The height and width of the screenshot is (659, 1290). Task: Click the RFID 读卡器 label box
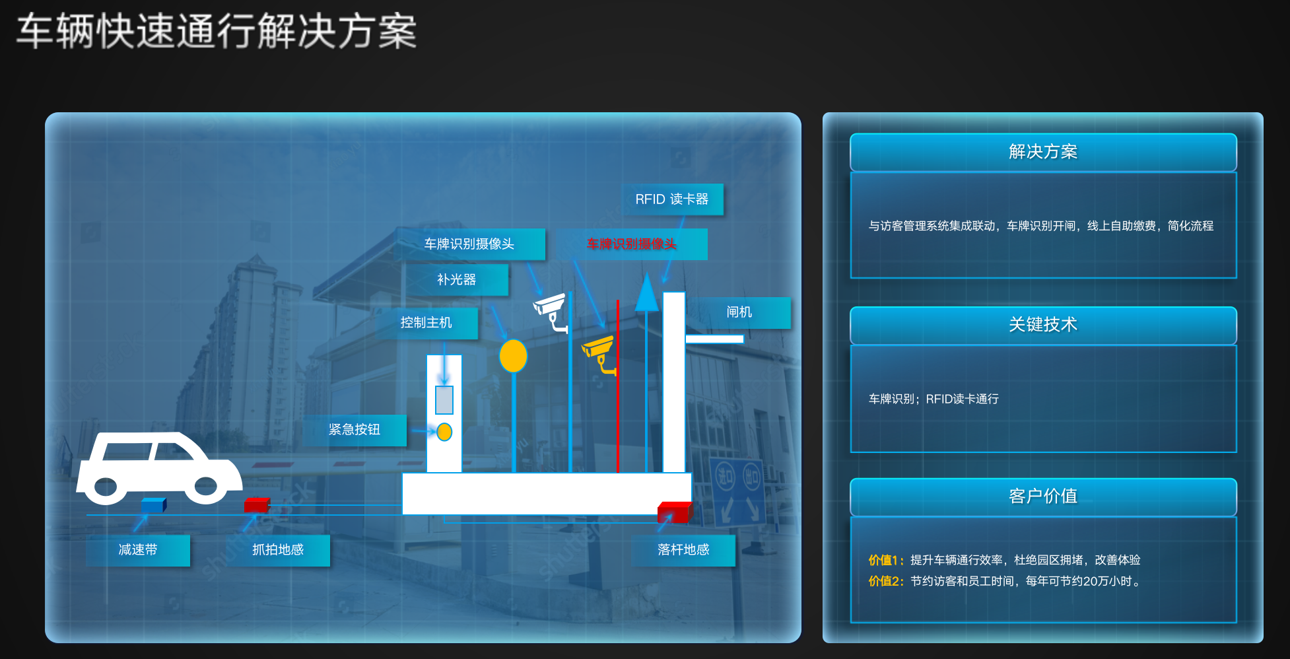click(x=672, y=199)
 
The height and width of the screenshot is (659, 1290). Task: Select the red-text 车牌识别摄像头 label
click(x=632, y=244)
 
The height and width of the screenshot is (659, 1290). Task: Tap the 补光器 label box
click(x=456, y=280)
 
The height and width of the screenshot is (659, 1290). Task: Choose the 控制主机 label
click(x=426, y=323)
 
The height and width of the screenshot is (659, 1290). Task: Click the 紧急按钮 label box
click(x=355, y=430)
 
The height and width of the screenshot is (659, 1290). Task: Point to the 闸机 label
click(x=739, y=312)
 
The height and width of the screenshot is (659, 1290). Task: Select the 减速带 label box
click(x=138, y=550)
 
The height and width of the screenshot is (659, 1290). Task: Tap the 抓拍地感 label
click(x=278, y=550)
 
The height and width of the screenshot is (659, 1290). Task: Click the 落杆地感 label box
click(x=683, y=550)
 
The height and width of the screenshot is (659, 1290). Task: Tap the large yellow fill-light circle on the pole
click(x=513, y=356)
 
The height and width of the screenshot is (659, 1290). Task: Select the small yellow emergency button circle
click(x=444, y=432)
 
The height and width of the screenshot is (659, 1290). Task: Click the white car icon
click(x=158, y=468)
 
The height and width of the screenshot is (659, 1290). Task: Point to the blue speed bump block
click(x=153, y=505)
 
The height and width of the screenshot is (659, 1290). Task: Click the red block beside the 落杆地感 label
click(x=674, y=512)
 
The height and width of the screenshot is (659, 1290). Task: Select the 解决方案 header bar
click(x=1042, y=153)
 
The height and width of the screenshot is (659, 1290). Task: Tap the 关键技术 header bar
click(x=1042, y=325)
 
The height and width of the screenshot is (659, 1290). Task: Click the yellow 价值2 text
click(x=885, y=581)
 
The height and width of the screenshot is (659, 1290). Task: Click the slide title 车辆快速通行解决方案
click(x=217, y=32)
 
